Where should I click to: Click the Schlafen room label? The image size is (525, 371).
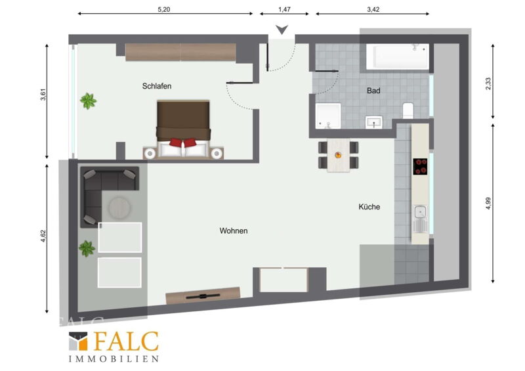click(157, 86)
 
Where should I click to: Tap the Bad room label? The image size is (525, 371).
click(373, 91)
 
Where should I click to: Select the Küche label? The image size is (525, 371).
click(369, 207)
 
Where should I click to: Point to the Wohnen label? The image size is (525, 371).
click(234, 230)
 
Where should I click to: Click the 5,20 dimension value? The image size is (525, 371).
click(163, 9)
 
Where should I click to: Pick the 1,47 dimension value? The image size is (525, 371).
click(284, 9)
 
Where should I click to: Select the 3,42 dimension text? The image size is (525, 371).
click(373, 9)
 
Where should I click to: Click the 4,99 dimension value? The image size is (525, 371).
click(488, 203)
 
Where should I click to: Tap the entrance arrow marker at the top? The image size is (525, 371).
click(282, 30)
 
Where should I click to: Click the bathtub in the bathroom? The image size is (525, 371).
click(398, 56)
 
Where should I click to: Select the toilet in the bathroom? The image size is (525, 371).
click(408, 110)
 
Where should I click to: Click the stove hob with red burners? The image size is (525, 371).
click(420, 167)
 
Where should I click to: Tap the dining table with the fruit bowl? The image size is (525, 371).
click(339, 155)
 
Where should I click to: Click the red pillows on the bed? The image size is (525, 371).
click(182, 142)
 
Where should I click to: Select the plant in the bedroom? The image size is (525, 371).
click(89, 101)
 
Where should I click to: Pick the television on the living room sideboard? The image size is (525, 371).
click(203, 296)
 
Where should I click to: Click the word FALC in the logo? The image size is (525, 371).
click(126, 341)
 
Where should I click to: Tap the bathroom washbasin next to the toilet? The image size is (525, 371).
click(373, 122)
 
